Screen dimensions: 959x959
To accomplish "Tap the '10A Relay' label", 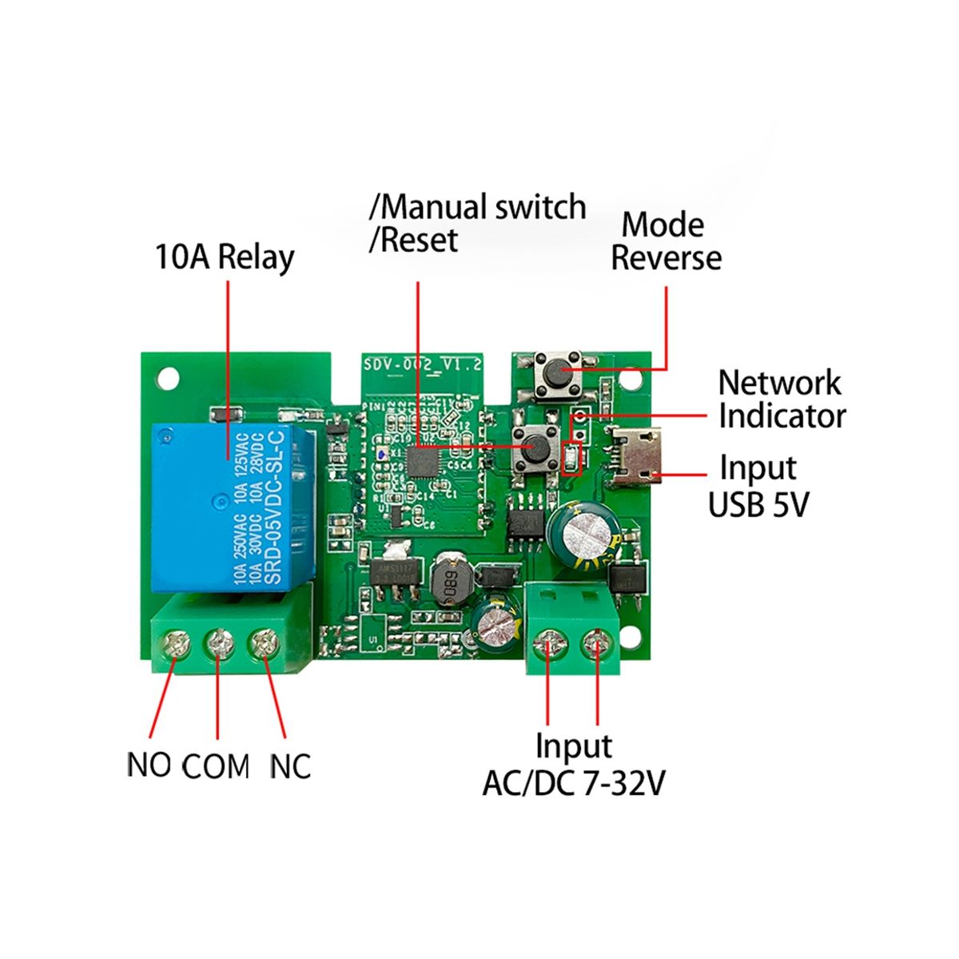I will coord(225,258).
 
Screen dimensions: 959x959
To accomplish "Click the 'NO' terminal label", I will coord(149,765).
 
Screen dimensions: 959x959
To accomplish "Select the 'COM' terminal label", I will coord(216,767).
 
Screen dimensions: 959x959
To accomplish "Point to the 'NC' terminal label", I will coord(289,766).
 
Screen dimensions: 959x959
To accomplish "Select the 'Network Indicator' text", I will coord(781,400).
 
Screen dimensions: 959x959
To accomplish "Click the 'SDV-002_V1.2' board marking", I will coord(423,364).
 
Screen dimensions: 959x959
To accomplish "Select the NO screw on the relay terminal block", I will coord(173,644).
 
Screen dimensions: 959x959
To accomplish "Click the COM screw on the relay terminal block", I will coord(217,644).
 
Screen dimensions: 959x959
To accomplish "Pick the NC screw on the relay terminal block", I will coord(261,644).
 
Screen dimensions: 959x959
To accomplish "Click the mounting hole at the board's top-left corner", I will coord(167,376).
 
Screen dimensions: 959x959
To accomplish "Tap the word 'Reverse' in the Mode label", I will coord(666,258).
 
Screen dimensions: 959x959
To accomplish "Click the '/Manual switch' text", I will coord(477,208).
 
